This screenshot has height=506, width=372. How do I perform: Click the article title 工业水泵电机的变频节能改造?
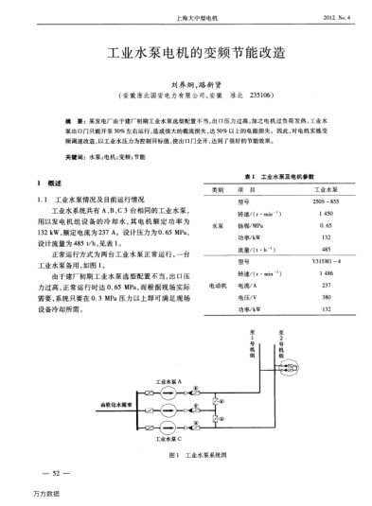185,56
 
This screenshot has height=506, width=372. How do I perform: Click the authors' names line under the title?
186,84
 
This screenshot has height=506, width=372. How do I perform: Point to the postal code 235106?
260,96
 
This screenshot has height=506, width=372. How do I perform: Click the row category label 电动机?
219,285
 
